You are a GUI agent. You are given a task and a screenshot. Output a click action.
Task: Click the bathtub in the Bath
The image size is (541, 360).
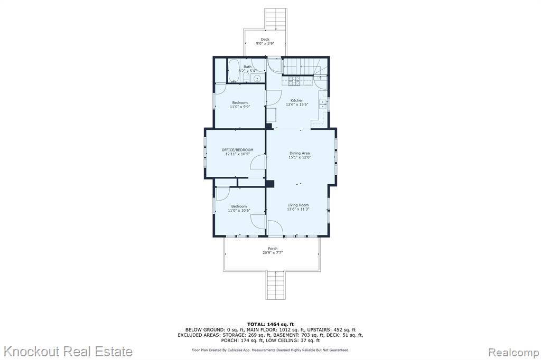(234, 71)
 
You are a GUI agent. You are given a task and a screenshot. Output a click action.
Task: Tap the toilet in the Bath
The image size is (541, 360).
(246, 77)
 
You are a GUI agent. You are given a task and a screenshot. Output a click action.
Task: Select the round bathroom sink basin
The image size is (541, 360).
(257, 79)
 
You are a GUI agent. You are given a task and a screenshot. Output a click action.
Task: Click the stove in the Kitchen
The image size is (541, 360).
(294, 81)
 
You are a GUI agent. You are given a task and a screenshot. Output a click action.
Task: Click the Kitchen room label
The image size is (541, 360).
(297, 100)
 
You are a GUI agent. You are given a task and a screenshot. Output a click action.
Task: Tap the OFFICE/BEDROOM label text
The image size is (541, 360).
(237, 150)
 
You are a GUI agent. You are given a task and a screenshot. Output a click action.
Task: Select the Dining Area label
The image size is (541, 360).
(300, 153)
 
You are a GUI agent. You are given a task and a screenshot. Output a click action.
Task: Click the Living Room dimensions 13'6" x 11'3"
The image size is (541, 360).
(298, 209)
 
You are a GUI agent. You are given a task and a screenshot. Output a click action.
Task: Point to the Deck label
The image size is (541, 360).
(265, 39)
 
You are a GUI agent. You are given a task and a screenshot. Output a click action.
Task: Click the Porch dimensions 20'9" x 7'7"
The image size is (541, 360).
(273, 253)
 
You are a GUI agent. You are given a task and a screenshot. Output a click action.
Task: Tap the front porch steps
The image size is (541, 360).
(275, 285)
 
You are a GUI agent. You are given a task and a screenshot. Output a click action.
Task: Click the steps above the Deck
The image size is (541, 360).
(276, 20)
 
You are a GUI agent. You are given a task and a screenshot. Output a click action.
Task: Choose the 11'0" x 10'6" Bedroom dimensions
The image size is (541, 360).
(239, 210)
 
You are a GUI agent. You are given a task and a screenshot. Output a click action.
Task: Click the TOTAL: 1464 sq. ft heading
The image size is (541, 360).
(270, 324)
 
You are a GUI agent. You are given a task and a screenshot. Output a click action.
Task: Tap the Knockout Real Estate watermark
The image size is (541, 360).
(68, 352)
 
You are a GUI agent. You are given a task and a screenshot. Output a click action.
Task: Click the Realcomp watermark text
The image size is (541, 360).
(514, 353)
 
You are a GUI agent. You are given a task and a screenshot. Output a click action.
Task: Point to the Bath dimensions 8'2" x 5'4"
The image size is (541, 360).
(247, 71)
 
